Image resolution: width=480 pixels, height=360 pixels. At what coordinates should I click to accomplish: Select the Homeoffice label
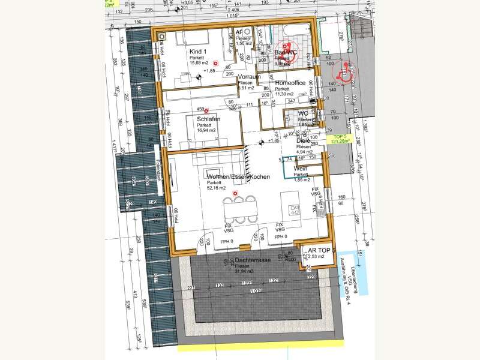coord(290,83)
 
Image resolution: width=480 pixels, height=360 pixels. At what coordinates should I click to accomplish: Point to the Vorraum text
coord(248,78)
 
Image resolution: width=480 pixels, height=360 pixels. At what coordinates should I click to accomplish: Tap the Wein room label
coord(300,170)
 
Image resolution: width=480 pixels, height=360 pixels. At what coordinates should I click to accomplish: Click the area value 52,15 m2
coord(217,188)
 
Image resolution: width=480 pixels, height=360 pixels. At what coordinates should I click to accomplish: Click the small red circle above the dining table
coord(235,194)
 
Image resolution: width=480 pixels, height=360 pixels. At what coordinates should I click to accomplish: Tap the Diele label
coord(303,141)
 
